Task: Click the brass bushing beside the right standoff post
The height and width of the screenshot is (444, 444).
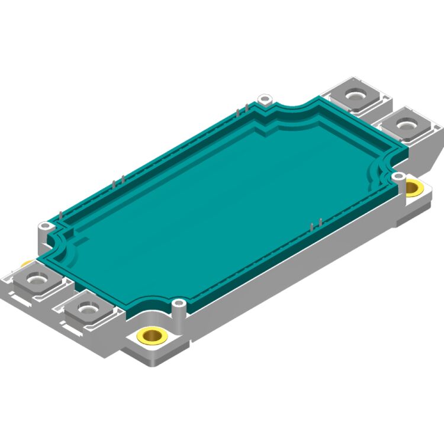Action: (413, 188)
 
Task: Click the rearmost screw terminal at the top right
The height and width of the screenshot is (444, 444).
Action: (356, 95)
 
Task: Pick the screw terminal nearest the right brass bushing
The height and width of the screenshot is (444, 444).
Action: (406, 125)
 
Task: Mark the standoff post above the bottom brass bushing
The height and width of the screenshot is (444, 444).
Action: (178, 304)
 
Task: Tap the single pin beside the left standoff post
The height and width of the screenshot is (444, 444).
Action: (61, 214)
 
